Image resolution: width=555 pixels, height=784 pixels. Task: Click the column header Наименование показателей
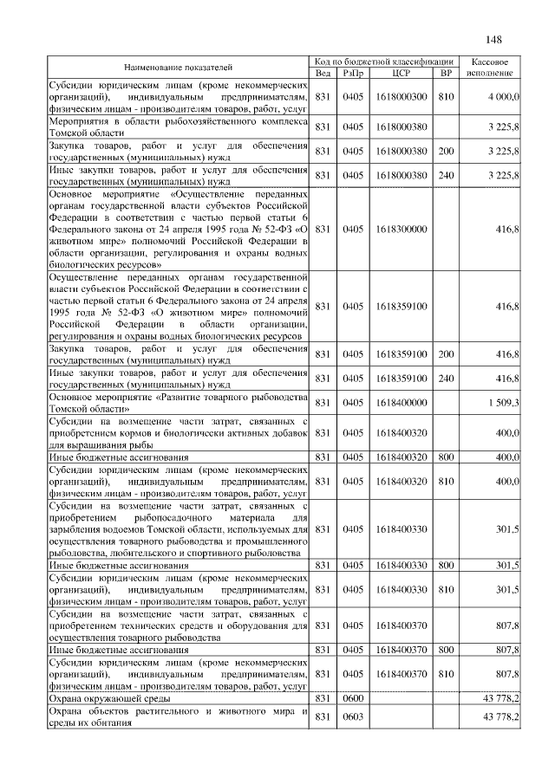pos(178,67)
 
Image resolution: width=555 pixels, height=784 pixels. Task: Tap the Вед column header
pos(323,73)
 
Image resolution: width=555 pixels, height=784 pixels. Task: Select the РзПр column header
pos(352,73)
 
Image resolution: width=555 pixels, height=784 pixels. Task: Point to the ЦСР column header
pos(401,73)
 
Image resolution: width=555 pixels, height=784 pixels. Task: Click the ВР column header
pos(446,73)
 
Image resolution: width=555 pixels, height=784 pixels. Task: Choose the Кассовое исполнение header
pos(494,67)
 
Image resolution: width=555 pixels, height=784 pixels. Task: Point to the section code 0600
pos(352,697)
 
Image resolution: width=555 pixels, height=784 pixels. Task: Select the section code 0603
pos(352,717)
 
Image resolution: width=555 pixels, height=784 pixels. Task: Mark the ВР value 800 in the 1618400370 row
pos(446,648)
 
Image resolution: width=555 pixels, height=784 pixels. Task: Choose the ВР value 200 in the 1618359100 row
pos(446,354)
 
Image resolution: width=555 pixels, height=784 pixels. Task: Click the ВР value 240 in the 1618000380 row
pos(446,176)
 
